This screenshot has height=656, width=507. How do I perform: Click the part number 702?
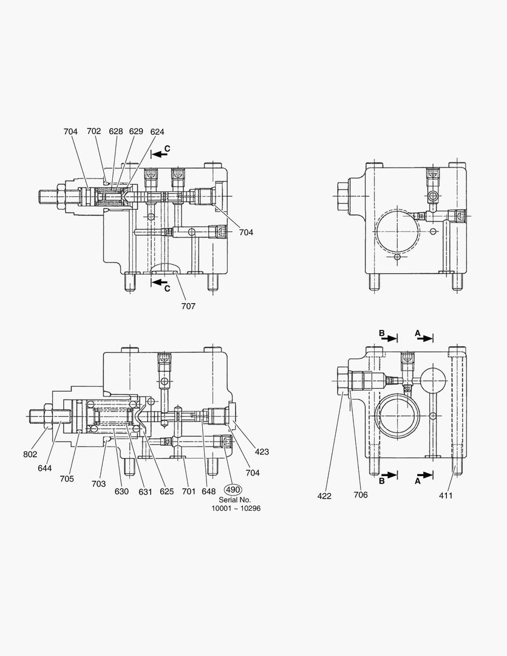coord(94,131)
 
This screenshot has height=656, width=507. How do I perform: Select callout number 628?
coord(115,131)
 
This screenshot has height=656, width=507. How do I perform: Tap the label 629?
coord(136,131)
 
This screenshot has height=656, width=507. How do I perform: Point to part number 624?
coord(157,131)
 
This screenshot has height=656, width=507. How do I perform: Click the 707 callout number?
coord(188,306)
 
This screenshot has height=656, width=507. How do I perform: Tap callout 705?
coord(67,479)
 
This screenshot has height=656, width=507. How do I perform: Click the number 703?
coord(98,484)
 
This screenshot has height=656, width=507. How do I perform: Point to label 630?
coord(121,491)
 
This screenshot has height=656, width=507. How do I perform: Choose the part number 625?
coord(166,491)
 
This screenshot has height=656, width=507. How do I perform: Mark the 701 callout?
coord(188,491)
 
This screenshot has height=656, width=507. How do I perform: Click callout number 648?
coord(209,491)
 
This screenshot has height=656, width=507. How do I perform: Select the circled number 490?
coord(233,490)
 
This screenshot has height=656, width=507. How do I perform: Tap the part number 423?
coord(262,452)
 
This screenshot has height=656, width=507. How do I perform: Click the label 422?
coord(324,496)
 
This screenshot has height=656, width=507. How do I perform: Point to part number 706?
coord(361,495)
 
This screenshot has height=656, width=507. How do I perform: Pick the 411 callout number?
coord(446,495)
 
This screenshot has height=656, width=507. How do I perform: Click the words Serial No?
coord(235,499)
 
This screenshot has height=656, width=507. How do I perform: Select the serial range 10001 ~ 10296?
coord(236,508)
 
